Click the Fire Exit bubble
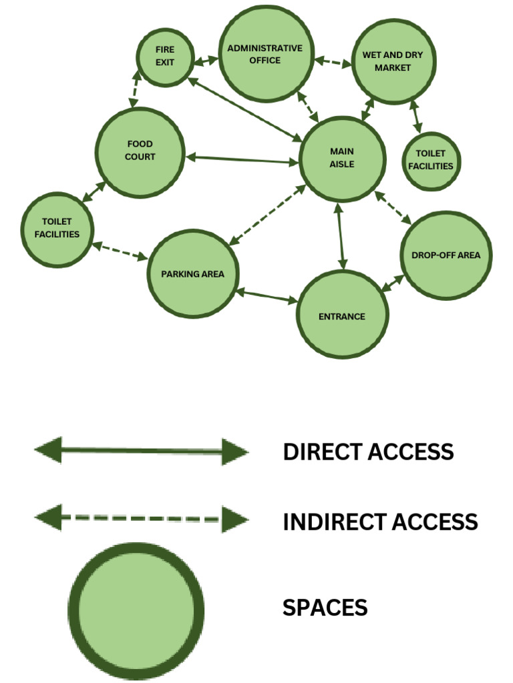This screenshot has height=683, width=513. (x=165, y=57)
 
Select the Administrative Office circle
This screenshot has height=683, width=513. (x=267, y=54)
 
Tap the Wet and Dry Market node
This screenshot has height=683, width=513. (x=393, y=62)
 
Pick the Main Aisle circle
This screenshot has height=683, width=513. (x=343, y=159)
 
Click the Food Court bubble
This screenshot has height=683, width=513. (x=140, y=151)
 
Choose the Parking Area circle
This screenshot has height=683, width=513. (x=192, y=274)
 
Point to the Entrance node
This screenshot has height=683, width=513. (x=342, y=315)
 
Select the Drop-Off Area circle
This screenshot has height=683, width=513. (x=446, y=255)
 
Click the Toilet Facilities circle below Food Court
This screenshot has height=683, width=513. (x=57, y=229)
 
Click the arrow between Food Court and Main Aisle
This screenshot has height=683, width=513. (x=241, y=159)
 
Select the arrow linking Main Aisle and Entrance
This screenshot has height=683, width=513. (x=342, y=236)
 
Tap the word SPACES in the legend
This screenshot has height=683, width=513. (x=325, y=608)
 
